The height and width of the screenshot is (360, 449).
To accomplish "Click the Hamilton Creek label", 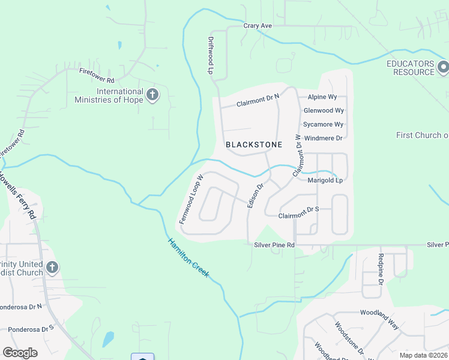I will [x=188, y=258].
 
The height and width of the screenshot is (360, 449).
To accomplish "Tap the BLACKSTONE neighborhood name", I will [x=253, y=145].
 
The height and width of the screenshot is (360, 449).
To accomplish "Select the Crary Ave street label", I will [x=258, y=26].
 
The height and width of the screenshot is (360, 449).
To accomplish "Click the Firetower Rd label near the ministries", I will [x=97, y=76].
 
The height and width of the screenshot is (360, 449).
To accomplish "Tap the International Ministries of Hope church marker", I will [x=152, y=95].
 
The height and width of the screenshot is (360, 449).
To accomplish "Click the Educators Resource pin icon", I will [x=443, y=66].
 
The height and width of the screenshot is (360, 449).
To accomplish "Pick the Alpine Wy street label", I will [x=322, y=97].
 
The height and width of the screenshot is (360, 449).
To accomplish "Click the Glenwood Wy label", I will [x=324, y=110].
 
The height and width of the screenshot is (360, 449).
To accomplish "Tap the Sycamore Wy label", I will [x=323, y=124].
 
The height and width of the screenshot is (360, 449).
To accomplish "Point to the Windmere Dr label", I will [x=323, y=138].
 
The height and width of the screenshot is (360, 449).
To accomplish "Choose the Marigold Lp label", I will [x=325, y=180].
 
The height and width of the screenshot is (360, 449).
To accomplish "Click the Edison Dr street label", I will [x=255, y=196].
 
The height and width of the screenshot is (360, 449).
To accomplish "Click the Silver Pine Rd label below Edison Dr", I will [x=274, y=245].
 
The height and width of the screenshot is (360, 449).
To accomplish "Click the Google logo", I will [x=20, y=353].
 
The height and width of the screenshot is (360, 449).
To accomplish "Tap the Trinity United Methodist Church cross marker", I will [x=52, y=267].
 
